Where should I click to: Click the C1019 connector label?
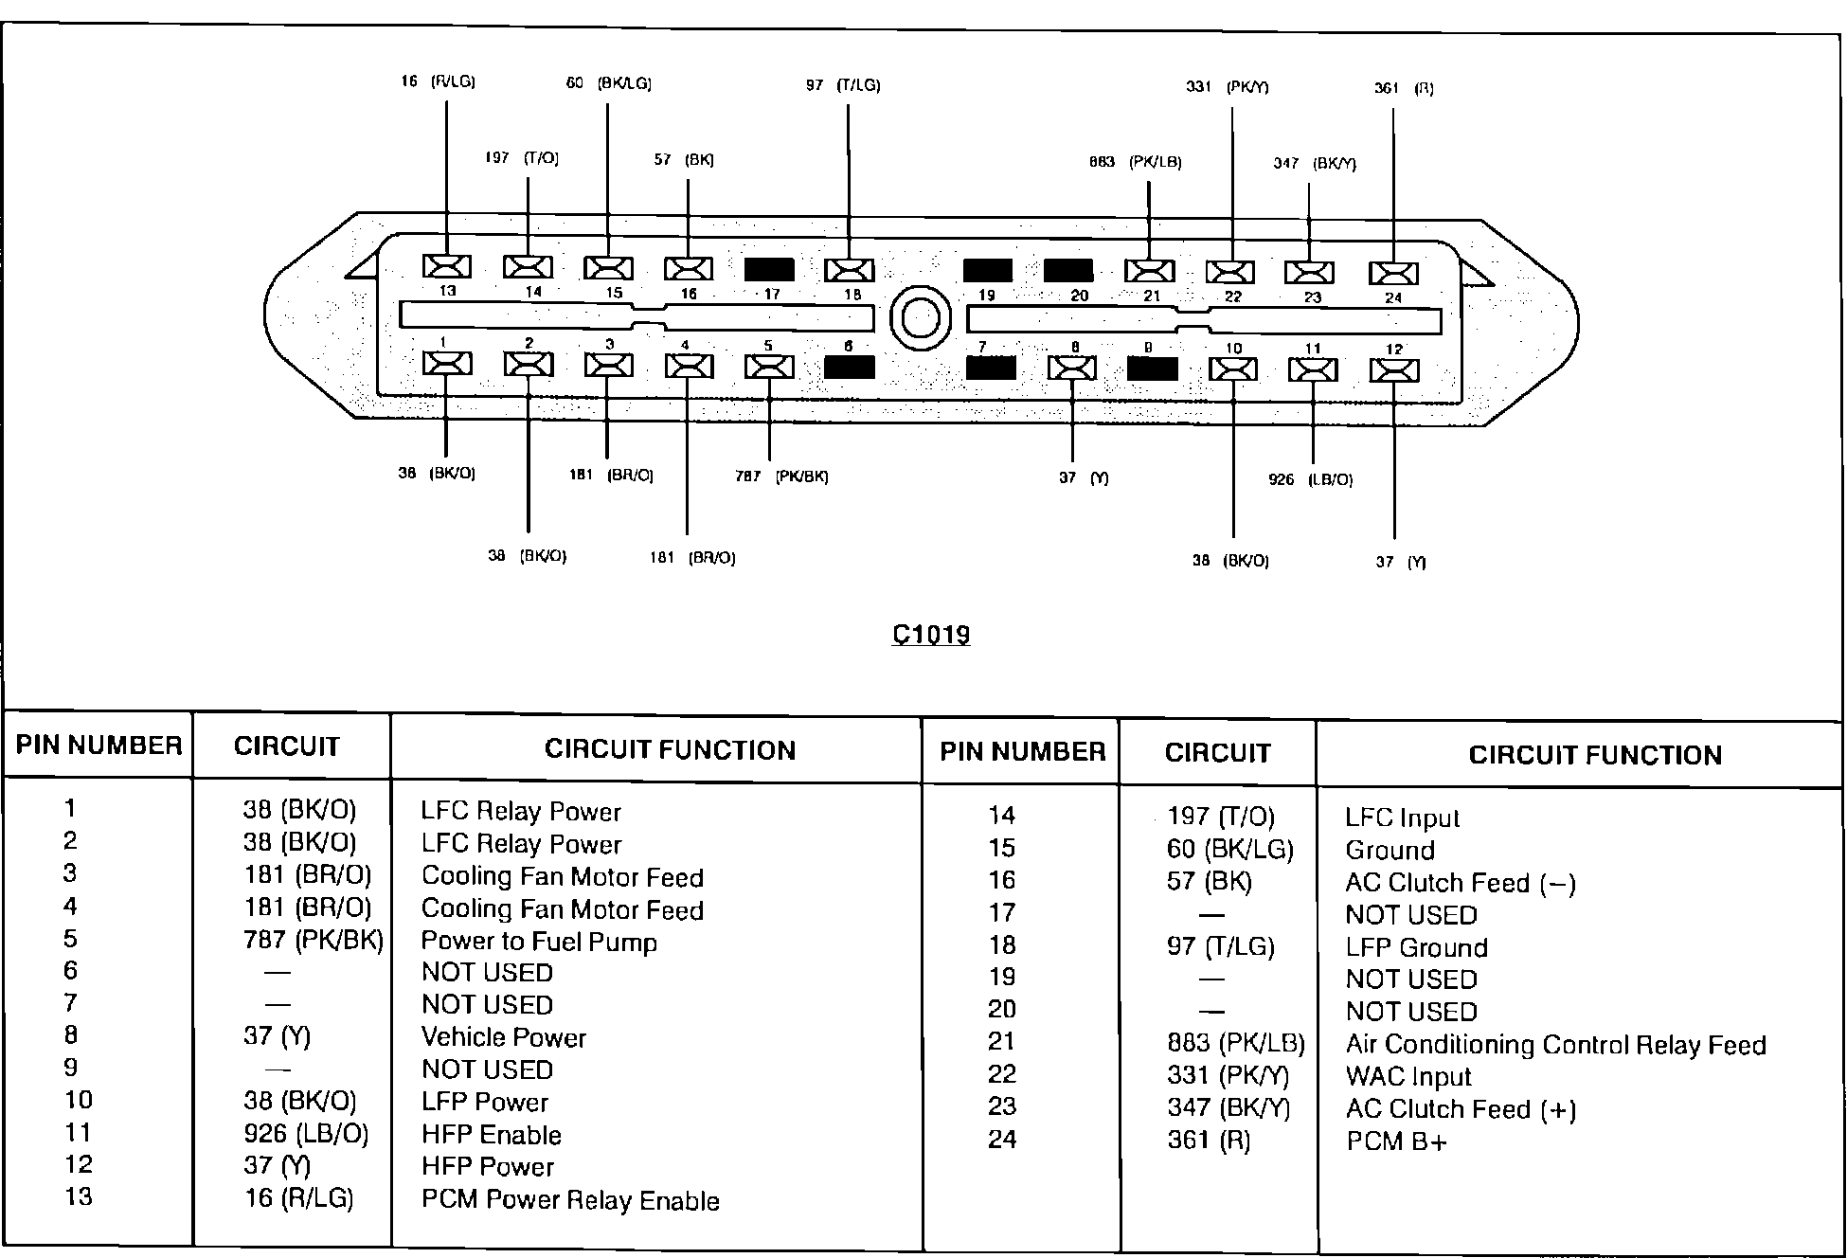(x=931, y=634)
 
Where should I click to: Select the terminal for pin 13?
(x=446, y=266)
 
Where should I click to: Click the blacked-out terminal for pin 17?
(x=769, y=269)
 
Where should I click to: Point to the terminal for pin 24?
(x=1393, y=274)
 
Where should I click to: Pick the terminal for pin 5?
(x=769, y=367)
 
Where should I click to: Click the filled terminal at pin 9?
(x=1152, y=368)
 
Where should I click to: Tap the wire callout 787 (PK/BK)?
(x=781, y=476)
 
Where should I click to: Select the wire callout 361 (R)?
(x=1404, y=89)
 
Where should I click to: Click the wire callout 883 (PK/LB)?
(x=1135, y=163)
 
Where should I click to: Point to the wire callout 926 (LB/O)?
(x=1310, y=480)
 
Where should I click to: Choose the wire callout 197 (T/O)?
(x=522, y=158)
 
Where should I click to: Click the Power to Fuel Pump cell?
(x=538, y=942)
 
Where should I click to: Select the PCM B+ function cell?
(x=1396, y=1141)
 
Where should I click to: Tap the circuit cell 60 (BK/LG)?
(x=1229, y=849)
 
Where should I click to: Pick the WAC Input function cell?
(x=1408, y=1077)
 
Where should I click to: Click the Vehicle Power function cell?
(x=503, y=1037)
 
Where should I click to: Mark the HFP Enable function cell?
(x=491, y=1135)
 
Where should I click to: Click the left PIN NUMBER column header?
(x=99, y=746)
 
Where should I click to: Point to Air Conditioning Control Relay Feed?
(x=1555, y=1045)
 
